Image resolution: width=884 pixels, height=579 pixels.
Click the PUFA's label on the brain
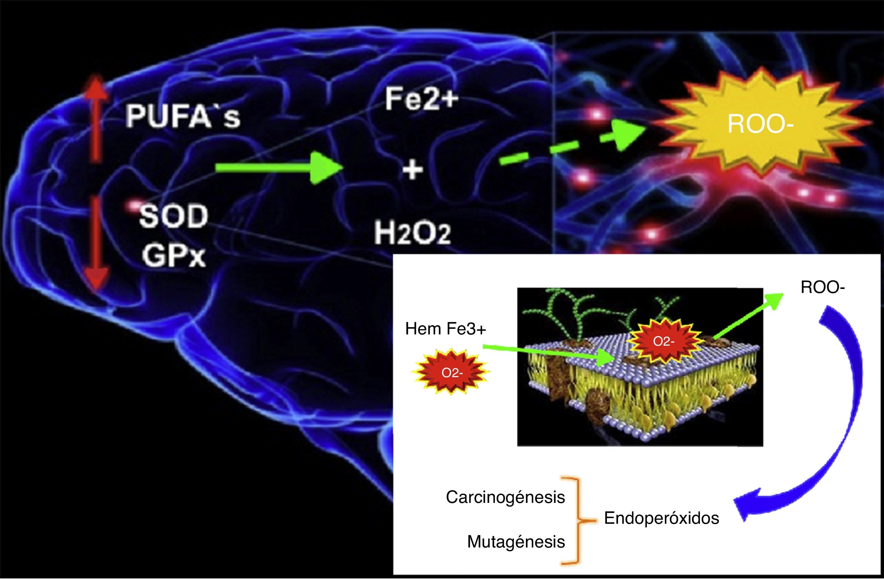pyautogui.click(x=183, y=116)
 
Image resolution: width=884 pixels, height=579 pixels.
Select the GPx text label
pyautogui.click(x=174, y=255)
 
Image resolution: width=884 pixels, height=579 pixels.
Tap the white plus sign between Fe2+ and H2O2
pyautogui.click(x=413, y=170)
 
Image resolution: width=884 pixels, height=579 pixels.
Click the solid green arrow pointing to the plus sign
pyautogui.click(x=279, y=168)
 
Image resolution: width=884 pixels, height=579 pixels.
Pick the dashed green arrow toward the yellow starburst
pyautogui.click(x=572, y=143)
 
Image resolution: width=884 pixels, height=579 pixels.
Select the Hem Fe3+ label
pyautogui.click(x=445, y=329)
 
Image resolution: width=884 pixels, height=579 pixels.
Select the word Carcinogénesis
pyautogui.click(x=505, y=497)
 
